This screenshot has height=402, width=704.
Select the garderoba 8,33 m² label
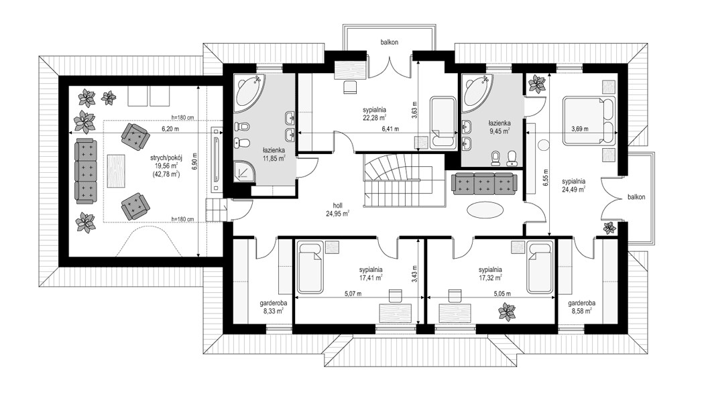click(x=271, y=306)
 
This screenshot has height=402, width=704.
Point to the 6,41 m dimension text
click(x=390, y=129)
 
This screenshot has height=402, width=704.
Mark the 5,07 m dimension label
click(x=353, y=293)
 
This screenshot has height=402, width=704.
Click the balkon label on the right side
click(x=638, y=198)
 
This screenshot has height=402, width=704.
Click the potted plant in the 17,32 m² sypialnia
click(x=507, y=311)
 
